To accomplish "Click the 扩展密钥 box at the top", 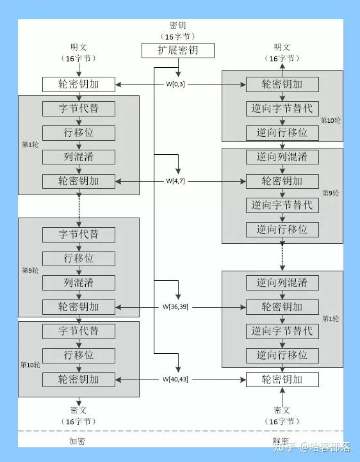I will pos(177,51).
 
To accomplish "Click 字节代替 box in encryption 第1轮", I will pos(79,108).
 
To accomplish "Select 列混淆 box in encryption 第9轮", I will pos(79,282).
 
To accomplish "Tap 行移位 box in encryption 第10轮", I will pos(79,355).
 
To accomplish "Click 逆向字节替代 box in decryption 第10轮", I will pos(282,109).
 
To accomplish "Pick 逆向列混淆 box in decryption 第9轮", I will pos(282,157).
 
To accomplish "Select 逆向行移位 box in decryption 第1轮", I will pos(282,355).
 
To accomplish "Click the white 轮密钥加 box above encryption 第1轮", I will pos(79,84).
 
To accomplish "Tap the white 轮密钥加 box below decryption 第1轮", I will pos(282,379).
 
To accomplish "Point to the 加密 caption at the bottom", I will pos(78,442).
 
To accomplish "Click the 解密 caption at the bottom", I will pos(281,442).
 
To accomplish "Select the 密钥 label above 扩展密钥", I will pos(177,26).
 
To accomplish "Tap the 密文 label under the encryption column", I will pos(79,410).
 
